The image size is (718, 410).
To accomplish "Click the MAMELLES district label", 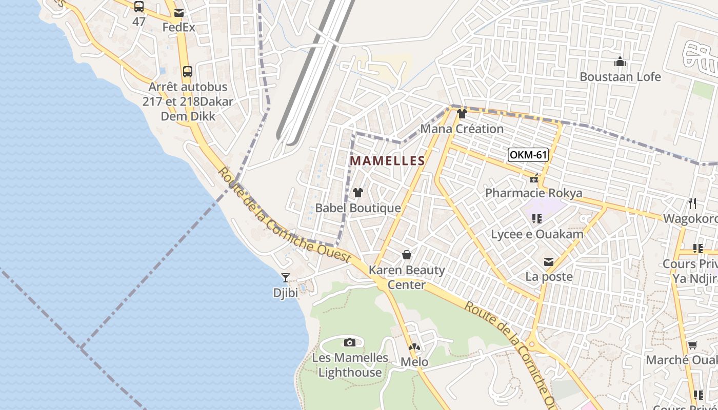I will click(x=387, y=161).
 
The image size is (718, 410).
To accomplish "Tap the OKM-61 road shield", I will click(x=528, y=155).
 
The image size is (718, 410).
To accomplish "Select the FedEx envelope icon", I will click(x=179, y=13).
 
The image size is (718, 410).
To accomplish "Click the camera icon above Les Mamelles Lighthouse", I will click(x=350, y=342).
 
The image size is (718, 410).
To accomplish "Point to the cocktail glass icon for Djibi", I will click(x=286, y=278).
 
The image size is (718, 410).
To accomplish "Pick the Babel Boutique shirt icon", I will click(x=358, y=193).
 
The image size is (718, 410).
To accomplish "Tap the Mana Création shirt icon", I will click(x=462, y=114).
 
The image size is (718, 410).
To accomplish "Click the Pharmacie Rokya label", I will click(x=534, y=193).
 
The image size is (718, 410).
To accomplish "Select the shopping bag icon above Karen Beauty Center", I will click(x=407, y=254).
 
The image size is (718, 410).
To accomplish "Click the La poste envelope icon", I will click(x=549, y=262).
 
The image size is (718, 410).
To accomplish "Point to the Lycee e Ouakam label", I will click(x=537, y=235).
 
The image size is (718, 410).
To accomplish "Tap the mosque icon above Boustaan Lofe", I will click(x=620, y=62).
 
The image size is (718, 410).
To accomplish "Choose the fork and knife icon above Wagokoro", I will click(x=692, y=203).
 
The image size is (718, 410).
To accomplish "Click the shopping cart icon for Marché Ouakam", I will click(x=692, y=345).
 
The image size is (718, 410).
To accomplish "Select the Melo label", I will click(x=414, y=362).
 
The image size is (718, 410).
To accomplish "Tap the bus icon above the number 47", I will click(x=139, y=7).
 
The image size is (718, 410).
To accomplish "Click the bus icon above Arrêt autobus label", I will click(x=188, y=71).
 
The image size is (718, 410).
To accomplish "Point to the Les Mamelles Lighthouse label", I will click(x=350, y=365).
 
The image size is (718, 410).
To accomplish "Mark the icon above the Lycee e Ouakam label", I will click(x=537, y=219).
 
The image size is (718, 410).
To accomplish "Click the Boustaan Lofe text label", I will click(x=620, y=77).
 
